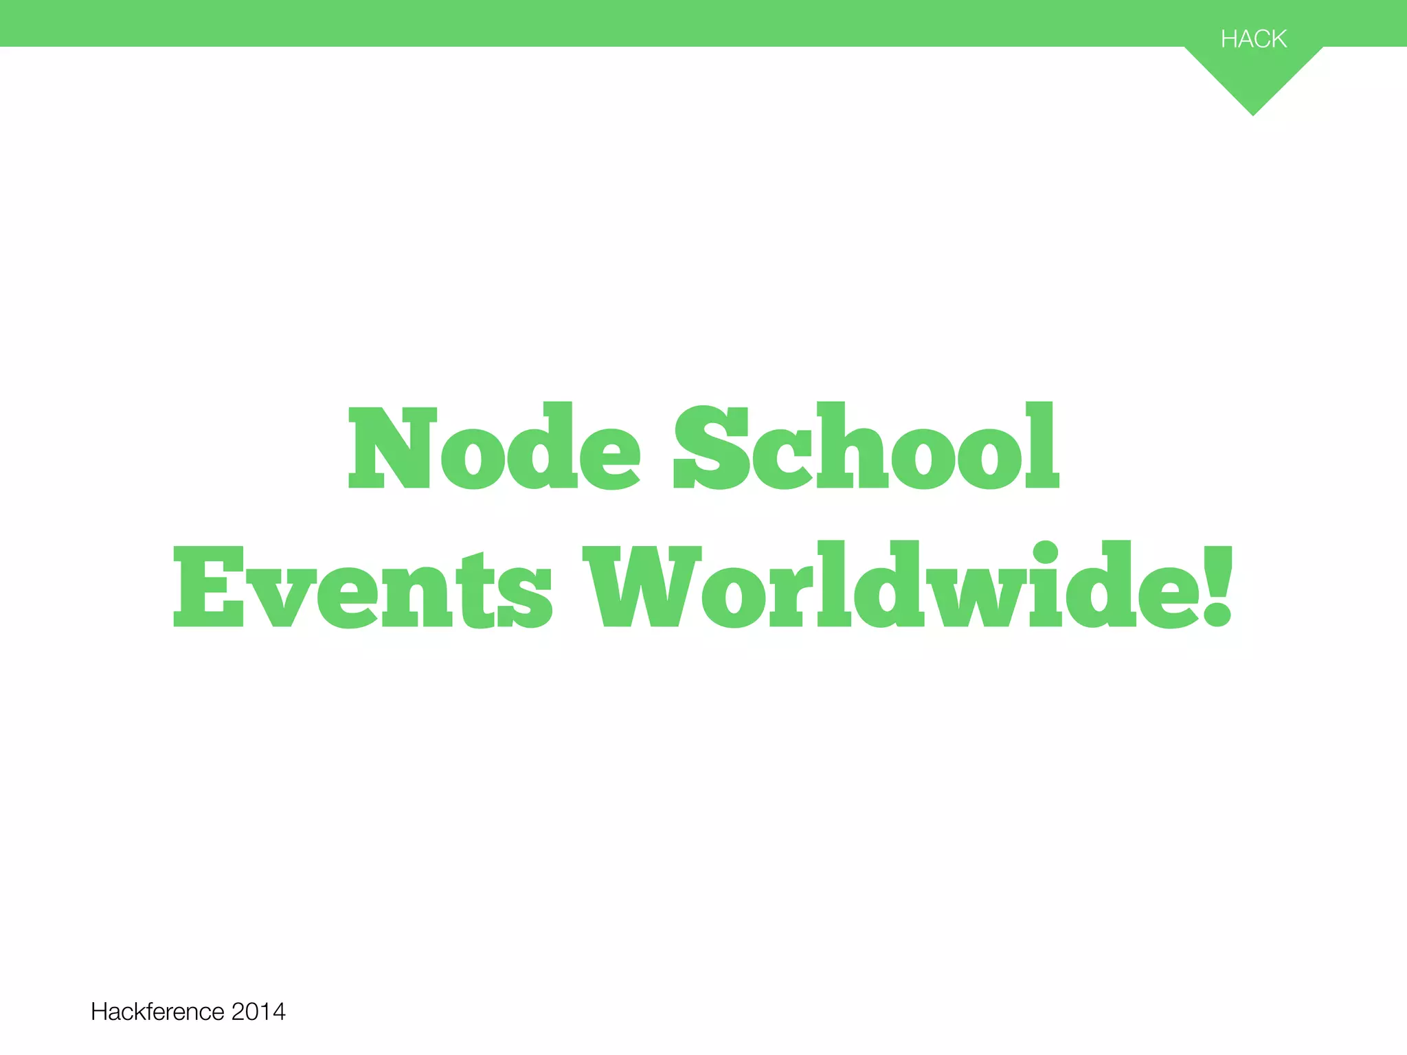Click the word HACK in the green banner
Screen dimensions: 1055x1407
[1253, 39]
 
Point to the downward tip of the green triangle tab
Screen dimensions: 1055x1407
[1253, 113]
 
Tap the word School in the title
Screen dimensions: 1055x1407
[866, 446]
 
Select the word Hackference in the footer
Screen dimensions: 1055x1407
[157, 1012]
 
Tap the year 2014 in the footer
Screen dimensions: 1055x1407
[258, 1012]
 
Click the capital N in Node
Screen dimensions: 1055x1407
[393, 448]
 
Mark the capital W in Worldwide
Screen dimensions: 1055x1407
[642, 587]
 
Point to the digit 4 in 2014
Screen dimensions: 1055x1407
[278, 1012]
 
